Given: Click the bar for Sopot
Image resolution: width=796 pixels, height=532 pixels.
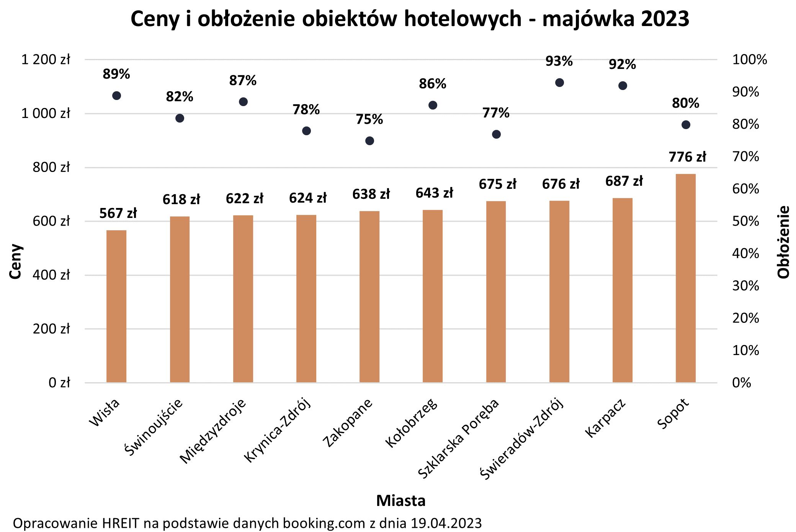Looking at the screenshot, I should (685, 278).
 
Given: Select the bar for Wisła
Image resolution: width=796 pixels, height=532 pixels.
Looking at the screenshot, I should (116, 306).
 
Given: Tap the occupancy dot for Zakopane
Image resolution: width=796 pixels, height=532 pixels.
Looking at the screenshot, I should (369, 141).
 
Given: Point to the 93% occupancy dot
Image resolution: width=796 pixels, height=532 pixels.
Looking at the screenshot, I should (559, 83).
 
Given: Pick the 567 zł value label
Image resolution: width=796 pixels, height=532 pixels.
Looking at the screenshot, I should (118, 213).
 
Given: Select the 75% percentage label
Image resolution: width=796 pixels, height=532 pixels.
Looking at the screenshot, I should (369, 119).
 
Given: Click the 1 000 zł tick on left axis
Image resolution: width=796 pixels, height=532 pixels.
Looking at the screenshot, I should (46, 113).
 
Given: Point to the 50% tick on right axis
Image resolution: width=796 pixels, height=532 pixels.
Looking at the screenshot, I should (745, 221).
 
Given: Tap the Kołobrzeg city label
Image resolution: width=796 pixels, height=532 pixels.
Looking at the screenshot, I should (412, 423).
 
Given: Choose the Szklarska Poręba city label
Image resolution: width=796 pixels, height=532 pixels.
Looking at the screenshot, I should (459, 439).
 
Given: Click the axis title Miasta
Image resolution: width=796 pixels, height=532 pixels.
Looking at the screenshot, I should (400, 501).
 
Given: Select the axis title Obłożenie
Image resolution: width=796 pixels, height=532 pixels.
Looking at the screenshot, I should (783, 242).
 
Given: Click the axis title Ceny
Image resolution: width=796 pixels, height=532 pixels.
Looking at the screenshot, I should (15, 261).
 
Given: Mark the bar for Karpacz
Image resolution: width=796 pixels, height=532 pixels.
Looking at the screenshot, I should (622, 290).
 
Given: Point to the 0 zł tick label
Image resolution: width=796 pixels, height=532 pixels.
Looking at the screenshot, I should (59, 383).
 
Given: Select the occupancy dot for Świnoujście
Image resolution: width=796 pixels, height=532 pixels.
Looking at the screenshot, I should (180, 118).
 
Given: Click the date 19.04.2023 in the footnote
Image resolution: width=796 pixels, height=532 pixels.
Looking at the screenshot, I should (446, 523).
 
